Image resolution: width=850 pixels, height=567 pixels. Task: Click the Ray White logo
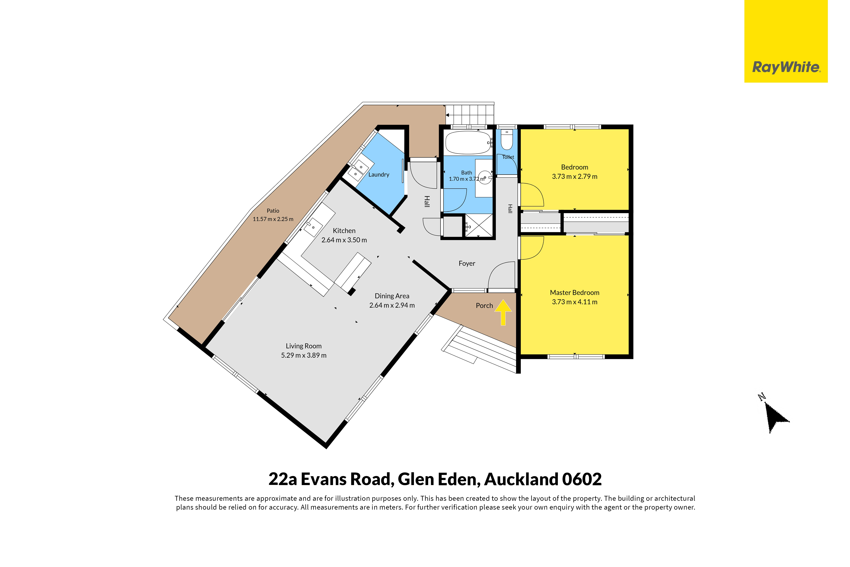click(x=786, y=41)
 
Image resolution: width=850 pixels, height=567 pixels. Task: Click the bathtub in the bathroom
click(x=468, y=143)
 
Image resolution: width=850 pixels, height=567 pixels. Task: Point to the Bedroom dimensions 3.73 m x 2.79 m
click(x=575, y=176)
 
